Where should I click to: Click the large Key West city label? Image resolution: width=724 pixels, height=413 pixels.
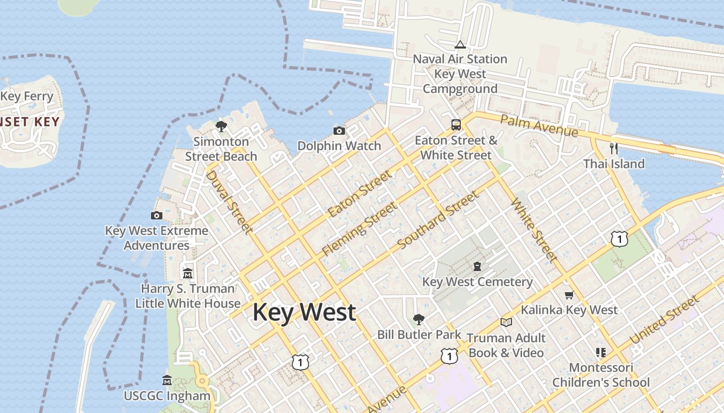pyautogui.click(x=304, y=312)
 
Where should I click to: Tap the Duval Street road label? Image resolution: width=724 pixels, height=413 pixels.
pyautogui.click(x=229, y=202)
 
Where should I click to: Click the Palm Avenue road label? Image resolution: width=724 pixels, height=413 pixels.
pyautogui.click(x=538, y=126)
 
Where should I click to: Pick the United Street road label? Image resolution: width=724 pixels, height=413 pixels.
pyautogui.click(x=665, y=321)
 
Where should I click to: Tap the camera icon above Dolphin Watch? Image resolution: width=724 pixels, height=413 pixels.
pyautogui.click(x=339, y=131)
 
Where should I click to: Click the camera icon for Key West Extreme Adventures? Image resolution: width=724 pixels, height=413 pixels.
pyautogui.click(x=157, y=215)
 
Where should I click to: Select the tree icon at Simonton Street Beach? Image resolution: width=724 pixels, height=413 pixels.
pyautogui.click(x=221, y=126)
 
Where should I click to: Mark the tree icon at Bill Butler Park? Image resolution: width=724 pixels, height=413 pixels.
pyautogui.click(x=418, y=319)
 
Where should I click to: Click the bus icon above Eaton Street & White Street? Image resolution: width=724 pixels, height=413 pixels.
pyautogui.click(x=456, y=124)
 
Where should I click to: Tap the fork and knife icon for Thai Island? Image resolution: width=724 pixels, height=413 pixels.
pyautogui.click(x=614, y=149)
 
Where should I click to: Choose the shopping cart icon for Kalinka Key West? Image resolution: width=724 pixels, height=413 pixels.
pyautogui.click(x=569, y=295)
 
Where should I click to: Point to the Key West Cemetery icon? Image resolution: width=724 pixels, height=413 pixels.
pyautogui.click(x=477, y=266)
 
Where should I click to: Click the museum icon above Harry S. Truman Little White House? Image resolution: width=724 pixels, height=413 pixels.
pyautogui.click(x=188, y=273)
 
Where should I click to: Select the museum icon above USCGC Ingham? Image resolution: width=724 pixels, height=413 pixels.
pyautogui.click(x=167, y=380)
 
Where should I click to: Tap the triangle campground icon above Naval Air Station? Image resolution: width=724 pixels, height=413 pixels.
pyautogui.click(x=460, y=44)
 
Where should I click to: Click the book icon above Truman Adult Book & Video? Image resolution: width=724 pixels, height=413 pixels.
pyautogui.click(x=506, y=323)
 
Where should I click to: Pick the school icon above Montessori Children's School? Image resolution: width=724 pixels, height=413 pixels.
pyautogui.click(x=600, y=353)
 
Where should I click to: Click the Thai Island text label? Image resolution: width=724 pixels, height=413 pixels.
pyautogui.click(x=614, y=164)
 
